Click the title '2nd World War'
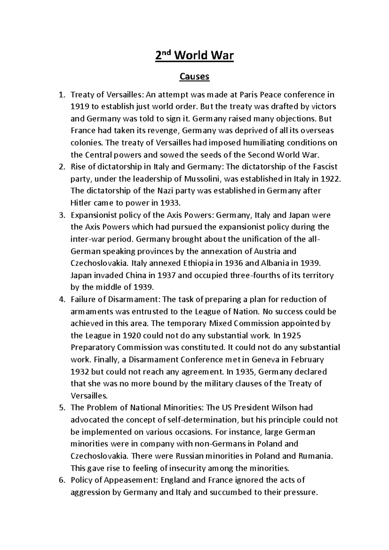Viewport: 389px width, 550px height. (194, 56)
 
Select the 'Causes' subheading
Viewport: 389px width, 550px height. (194, 77)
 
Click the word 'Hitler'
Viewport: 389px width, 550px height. (81, 203)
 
